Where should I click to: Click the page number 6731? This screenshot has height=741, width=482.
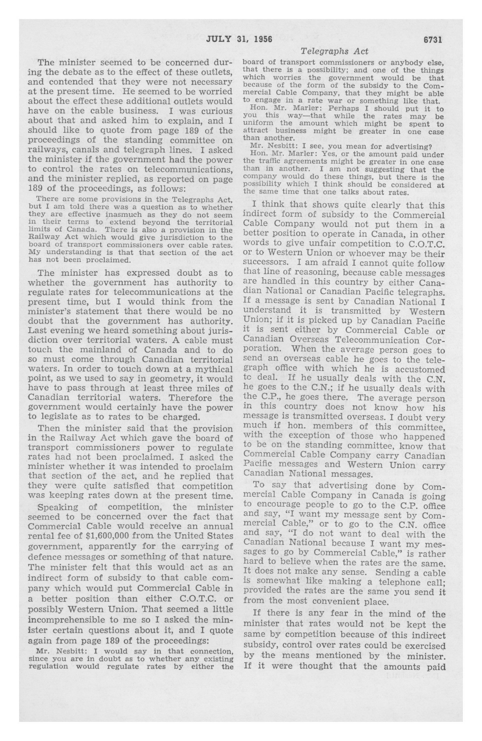coord(433,39)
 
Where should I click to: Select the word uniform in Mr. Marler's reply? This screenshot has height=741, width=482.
coord(255,124)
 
